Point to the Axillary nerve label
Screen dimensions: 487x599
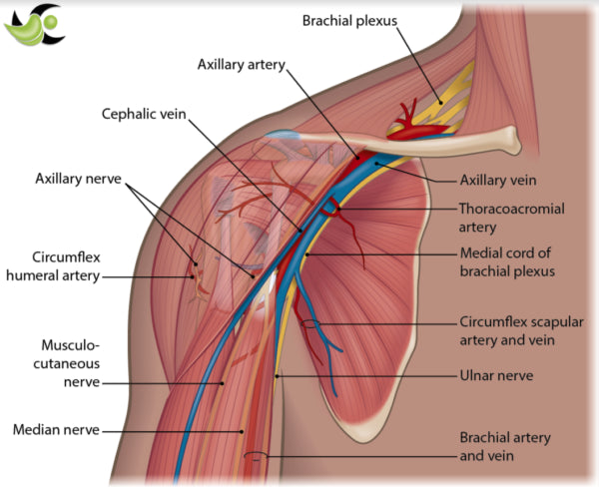78,179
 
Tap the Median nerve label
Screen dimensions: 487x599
55,430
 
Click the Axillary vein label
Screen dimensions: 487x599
498,182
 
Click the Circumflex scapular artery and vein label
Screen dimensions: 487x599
520,331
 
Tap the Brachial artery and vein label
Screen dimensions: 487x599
504,446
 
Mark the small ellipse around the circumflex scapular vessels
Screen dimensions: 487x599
311,324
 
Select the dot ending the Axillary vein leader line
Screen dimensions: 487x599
377,163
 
